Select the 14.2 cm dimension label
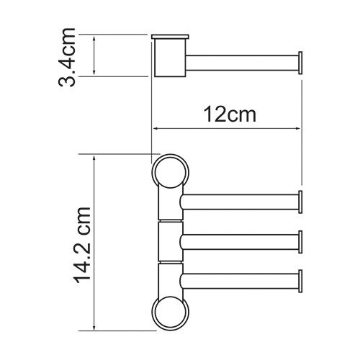84,243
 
